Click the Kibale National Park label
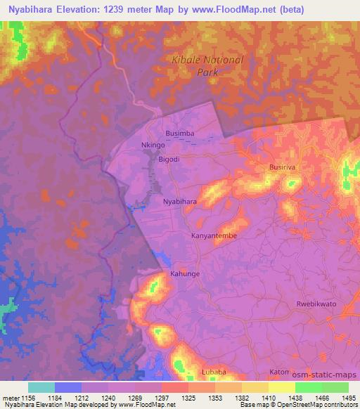[207, 65]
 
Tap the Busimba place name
[179, 132]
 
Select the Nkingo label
[153, 145]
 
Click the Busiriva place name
[285, 168]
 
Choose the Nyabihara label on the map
[179, 202]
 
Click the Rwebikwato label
[317, 304]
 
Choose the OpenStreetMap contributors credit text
[321, 405]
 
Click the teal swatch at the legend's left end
[41, 387]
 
